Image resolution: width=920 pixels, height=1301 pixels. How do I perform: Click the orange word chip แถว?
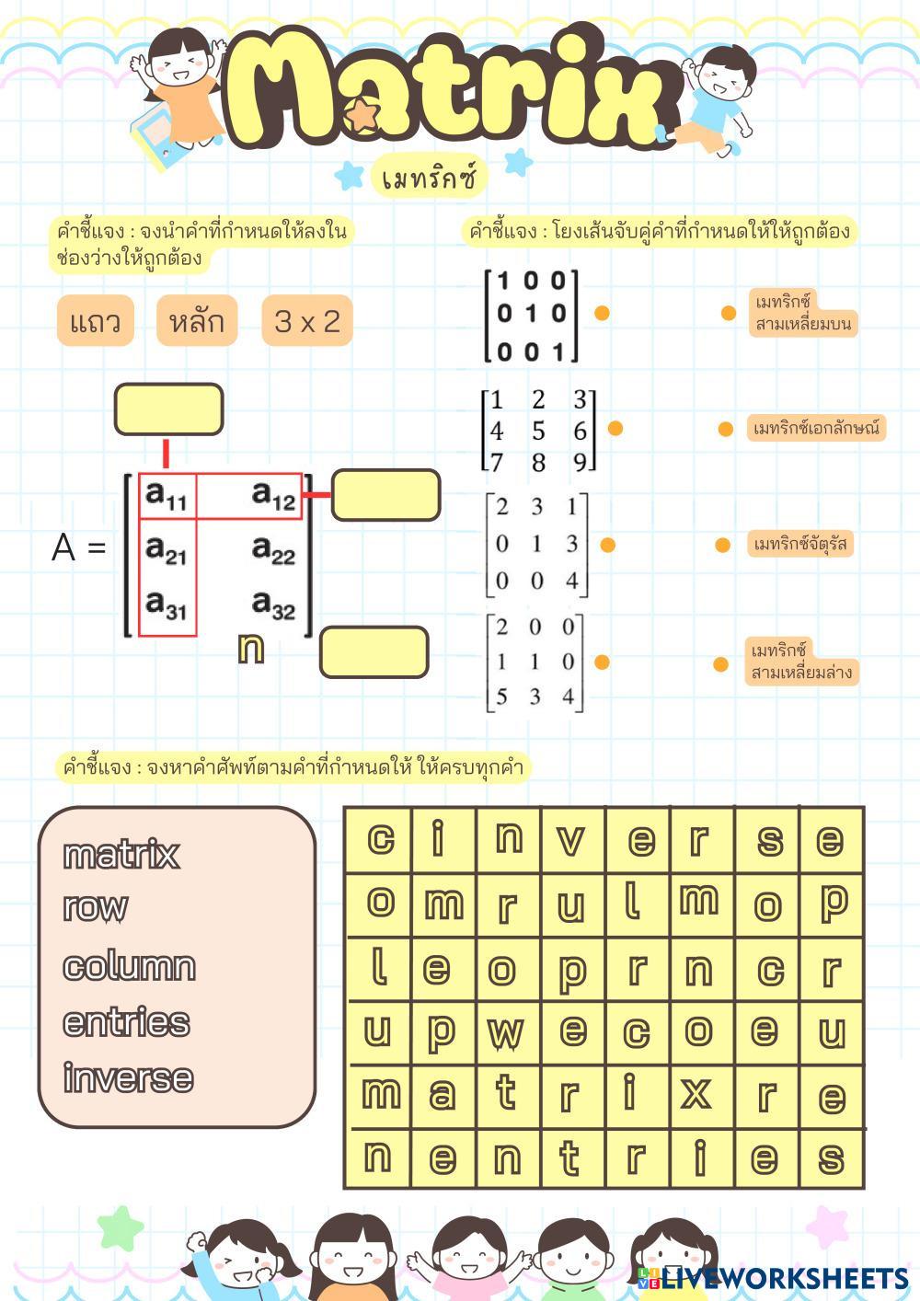[x=96, y=321]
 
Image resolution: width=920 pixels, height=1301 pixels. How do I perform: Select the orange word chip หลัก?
[x=197, y=321]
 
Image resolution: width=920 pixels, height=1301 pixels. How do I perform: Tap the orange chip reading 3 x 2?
[x=307, y=321]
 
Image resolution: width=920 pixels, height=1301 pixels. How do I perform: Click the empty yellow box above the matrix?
[x=168, y=409]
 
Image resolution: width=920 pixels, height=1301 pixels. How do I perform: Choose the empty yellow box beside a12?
[x=385, y=495]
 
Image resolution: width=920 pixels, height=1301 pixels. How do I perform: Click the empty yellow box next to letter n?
[x=374, y=652]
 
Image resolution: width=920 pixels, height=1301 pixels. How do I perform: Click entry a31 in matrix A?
[x=167, y=604]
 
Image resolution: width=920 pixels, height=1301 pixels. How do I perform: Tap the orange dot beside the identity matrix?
[x=602, y=313]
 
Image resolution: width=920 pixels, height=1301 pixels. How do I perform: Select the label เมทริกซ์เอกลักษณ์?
[x=816, y=428]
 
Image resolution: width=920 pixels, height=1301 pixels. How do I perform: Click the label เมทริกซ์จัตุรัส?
[x=799, y=544]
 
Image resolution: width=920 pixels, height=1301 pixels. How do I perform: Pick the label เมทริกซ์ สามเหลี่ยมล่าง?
[x=801, y=662]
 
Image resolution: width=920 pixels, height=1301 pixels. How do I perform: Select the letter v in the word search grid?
[x=571, y=839]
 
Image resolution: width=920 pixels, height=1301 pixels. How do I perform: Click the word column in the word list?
[x=129, y=966]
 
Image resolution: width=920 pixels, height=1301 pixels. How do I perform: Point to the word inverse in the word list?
[x=128, y=1077]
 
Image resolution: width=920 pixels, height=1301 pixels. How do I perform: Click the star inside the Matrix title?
[x=363, y=114]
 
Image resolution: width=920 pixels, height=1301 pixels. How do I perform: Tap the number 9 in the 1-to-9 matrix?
[x=580, y=462]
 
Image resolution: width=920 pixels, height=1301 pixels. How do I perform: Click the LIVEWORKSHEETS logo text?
[x=785, y=1278]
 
